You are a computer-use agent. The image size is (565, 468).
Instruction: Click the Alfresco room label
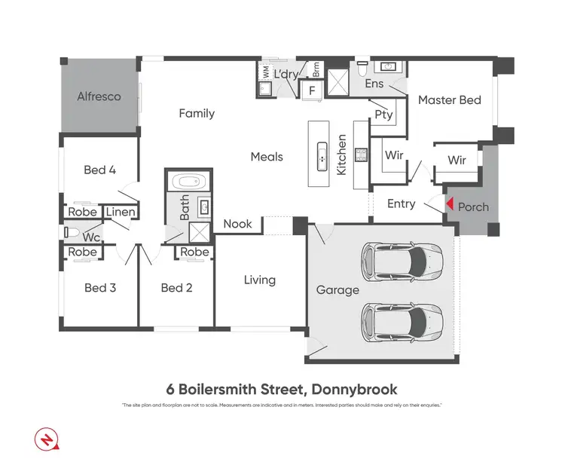[x=99, y=96]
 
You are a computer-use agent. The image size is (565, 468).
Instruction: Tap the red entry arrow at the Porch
[x=448, y=204]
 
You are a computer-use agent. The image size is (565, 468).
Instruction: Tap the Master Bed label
[x=449, y=99]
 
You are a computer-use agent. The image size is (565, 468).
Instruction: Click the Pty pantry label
[x=383, y=115]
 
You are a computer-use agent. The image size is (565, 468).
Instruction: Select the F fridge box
[x=311, y=90]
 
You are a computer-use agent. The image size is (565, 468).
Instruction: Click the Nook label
[x=238, y=224]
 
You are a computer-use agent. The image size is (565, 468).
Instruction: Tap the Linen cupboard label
[x=121, y=212]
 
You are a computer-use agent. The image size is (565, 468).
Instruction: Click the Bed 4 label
[x=99, y=170]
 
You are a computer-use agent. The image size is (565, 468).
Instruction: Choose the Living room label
[x=259, y=280]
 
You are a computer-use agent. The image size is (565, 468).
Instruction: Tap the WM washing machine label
[x=265, y=72]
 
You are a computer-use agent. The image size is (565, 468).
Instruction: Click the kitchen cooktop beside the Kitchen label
[x=361, y=154]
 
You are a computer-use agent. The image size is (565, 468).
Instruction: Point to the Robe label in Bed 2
[x=194, y=252]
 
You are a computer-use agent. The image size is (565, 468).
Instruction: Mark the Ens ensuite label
[x=374, y=84]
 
